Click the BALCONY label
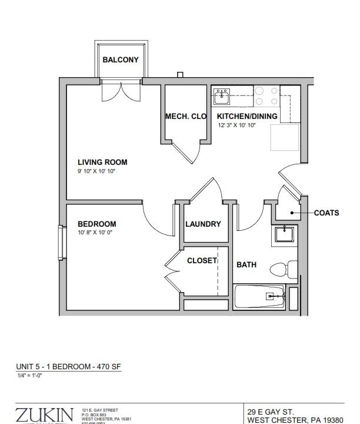click(121, 59)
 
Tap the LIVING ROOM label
click(102, 162)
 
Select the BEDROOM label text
click(97, 224)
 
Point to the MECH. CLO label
click(186, 117)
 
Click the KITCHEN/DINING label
click(247, 117)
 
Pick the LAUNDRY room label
click(203, 224)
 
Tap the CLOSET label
click(202, 260)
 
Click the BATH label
click(246, 265)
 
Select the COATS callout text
click(326, 213)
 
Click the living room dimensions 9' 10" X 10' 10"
click(102, 171)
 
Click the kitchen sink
click(222, 95)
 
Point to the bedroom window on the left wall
click(61, 242)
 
